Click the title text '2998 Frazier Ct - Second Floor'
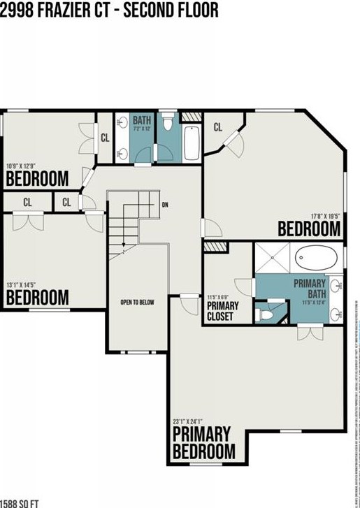point(109,10)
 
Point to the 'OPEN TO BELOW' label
point(137,303)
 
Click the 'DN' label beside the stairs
point(165,205)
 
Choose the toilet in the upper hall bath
point(168,124)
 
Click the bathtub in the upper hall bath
point(192,143)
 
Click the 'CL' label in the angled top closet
point(217,127)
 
